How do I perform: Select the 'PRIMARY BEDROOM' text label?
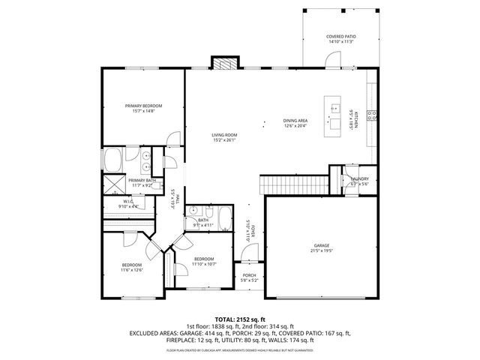click(143, 106)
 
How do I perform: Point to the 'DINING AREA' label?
click(295, 121)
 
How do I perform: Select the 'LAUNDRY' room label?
click(360, 178)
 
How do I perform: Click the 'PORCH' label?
click(249, 275)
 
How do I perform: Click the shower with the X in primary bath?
click(113, 182)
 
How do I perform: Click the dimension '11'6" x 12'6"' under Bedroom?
click(132, 270)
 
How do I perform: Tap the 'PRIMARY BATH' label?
click(142, 180)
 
